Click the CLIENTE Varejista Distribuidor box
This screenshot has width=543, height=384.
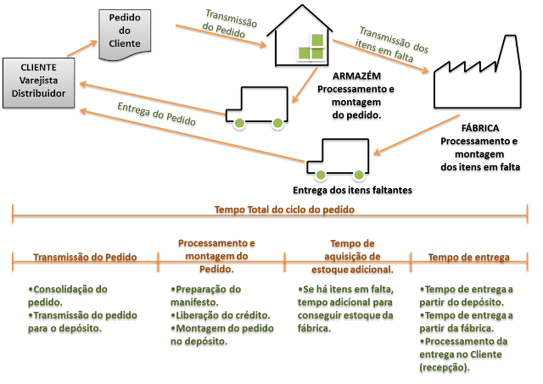click(38, 83)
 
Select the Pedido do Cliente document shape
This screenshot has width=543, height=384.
click(125, 35)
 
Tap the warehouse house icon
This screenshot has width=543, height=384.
click(299, 36)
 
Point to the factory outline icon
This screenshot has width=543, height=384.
click(478, 71)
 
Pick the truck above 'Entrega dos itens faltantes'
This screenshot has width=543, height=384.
click(338, 159)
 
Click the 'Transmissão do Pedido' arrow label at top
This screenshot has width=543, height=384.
click(229, 24)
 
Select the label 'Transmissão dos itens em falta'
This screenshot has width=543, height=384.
click(391, 44)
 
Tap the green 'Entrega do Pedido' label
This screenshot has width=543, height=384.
click(156, 114)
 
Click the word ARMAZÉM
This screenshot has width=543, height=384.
click(356, 75)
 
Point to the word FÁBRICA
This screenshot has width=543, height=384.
click(480, 128)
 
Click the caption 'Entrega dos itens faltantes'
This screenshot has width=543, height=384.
click(353, 190)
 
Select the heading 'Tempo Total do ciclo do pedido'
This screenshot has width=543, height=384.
click(284, 209)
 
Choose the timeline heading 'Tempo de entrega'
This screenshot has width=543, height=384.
click(468, 257)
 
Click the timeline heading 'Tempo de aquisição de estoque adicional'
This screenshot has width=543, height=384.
click(352, 256)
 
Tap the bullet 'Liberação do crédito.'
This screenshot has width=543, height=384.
click(221, 315)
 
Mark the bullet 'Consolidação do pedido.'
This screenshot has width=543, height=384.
click(68, 296)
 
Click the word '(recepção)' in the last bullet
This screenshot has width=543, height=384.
click(445, 367)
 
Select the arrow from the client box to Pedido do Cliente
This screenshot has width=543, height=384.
click(82, 48)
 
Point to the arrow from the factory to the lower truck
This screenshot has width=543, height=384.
click(417, 135)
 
